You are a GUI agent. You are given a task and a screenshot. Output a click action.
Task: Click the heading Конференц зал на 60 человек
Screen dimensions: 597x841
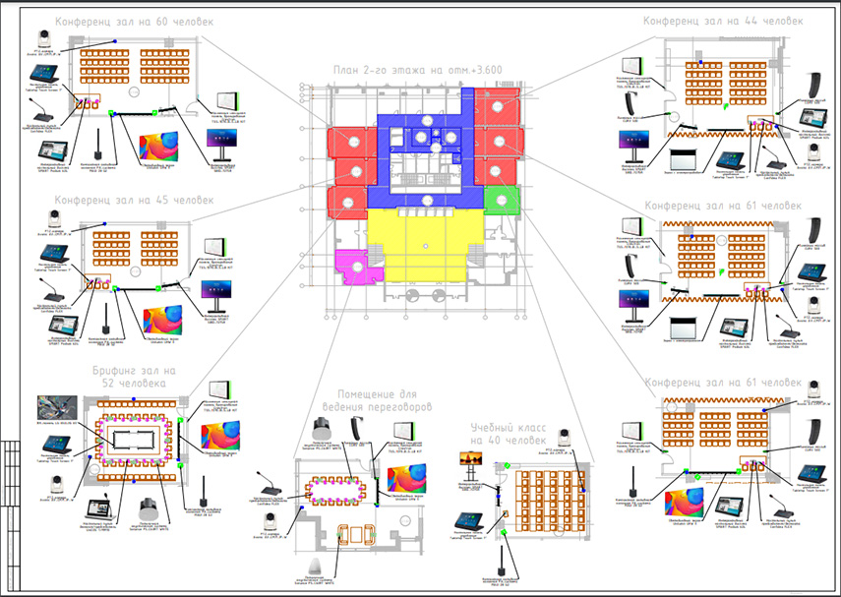click(x=134, y=21)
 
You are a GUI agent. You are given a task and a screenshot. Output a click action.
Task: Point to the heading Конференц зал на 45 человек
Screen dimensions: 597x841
click(x=134, y=201)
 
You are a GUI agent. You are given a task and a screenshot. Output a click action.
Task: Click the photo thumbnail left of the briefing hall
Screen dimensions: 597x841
click(x=56, y=407)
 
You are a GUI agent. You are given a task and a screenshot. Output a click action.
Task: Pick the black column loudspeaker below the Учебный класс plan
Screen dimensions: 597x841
click(x=501, y=571)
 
